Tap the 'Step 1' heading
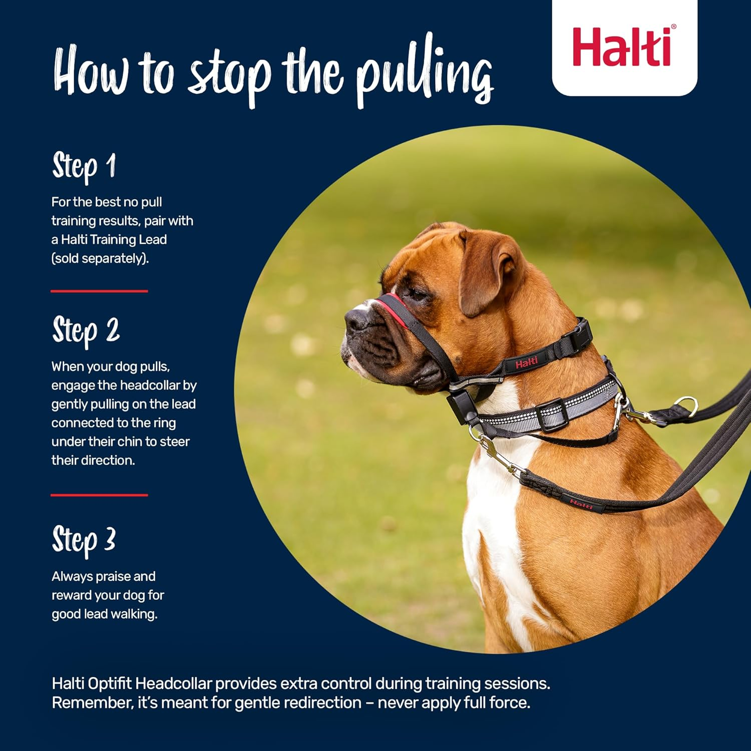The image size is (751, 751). tap(84, 166)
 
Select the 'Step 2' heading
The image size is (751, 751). tap(86, 331)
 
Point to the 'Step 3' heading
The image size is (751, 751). tap(84, 541)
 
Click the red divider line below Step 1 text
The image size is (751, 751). tap(99, 291)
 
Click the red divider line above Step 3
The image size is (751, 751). tap(99, 495)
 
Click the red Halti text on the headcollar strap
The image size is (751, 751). tap(526, 362)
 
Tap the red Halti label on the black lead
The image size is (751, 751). tap(581, 504)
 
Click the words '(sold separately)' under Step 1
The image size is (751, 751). tap(100, 258)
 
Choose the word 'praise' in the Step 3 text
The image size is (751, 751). tap(113, 577)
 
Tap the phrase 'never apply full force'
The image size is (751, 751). tap(454, 703)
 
